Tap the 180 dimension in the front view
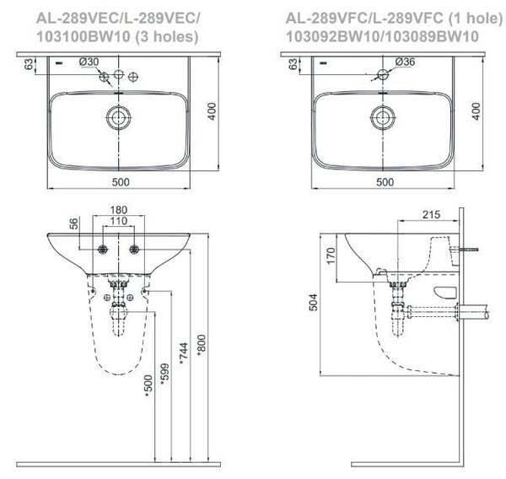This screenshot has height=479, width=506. (x=118, y=210)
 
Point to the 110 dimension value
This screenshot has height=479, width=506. (x=118, y=221)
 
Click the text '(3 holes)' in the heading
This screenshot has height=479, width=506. (x=170, y=35)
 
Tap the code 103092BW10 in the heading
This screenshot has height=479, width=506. (x=328, y=35)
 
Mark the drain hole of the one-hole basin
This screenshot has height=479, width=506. (x=383, y=117)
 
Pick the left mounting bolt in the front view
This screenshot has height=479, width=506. (x=102, y=250)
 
